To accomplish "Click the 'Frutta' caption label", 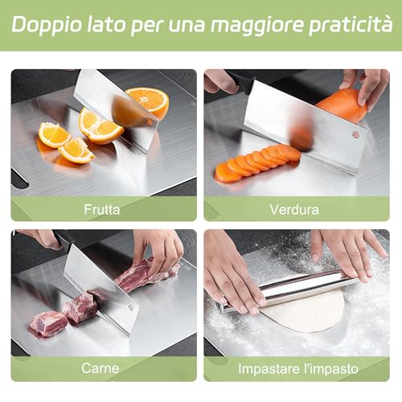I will (102, 209).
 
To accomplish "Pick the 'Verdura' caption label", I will (295, 209).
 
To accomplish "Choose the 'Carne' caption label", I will (100, 368).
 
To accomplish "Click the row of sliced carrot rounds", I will (256, 161).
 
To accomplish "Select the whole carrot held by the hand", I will (342, 105).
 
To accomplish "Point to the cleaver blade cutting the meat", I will (98, 285).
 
